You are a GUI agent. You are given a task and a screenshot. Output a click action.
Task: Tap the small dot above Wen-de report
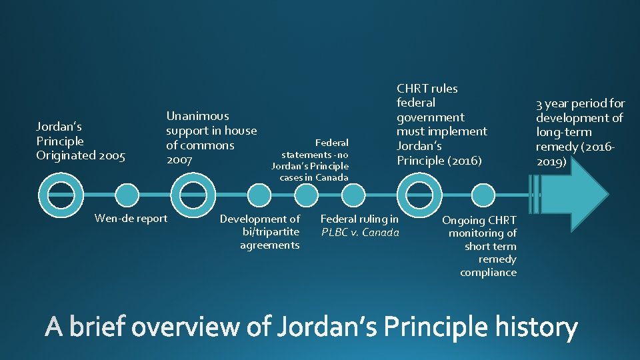click(x=126, y=195)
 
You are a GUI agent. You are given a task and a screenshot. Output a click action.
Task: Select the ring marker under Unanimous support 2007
click(x=198, y=194)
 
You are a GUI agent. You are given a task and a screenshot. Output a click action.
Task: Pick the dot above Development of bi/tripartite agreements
click(x=259, y=195)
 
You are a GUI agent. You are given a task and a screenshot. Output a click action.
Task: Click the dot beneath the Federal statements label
click(x=306, y=195)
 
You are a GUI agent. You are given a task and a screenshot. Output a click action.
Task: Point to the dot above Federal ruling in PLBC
click(x=353, y=195)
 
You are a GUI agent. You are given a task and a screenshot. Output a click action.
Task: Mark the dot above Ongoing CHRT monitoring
click(x=481, y=195)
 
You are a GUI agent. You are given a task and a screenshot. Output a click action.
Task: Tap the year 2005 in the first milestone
click(x=112, y=155)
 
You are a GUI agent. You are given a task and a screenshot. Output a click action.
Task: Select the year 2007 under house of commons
click(x=179, y=160)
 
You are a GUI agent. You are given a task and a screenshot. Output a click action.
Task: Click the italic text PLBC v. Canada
click(x=360, y=232)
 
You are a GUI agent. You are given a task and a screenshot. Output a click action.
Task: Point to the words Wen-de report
click(x=131, y=218)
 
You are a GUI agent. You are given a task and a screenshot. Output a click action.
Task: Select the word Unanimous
click(x=197, y=116)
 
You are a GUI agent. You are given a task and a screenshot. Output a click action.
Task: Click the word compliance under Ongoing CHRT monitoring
click(x=488, y=272)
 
